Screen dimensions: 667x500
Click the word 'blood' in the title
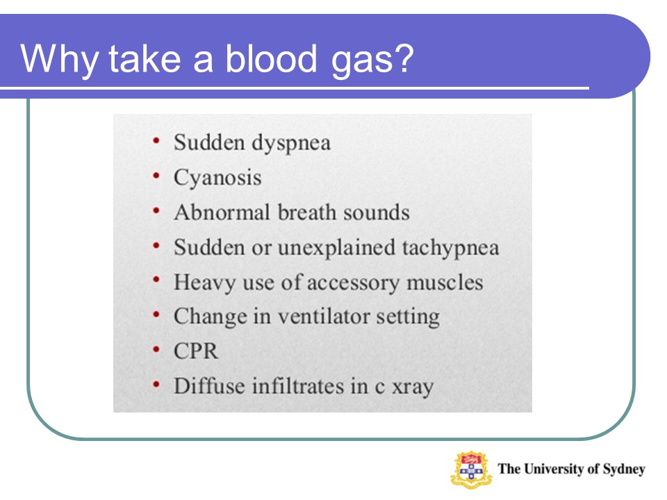coord(271,58)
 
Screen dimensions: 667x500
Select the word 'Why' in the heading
coord(60,60)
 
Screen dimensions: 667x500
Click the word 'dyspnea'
coord(291,143)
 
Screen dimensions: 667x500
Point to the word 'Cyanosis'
coord(217,178)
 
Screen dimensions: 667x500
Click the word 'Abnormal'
coord(222,212)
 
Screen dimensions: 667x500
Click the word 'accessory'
coord(353,283)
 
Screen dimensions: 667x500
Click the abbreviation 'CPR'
coord(196,351)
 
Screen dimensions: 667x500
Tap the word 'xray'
coord(413,387)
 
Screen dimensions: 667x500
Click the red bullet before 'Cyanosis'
coord(156,175)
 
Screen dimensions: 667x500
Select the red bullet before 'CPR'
coord(156,349)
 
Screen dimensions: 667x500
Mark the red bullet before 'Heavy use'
coord(156,280)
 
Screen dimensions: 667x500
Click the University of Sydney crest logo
coord(471,470)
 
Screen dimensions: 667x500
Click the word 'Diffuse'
coord(209,386)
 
